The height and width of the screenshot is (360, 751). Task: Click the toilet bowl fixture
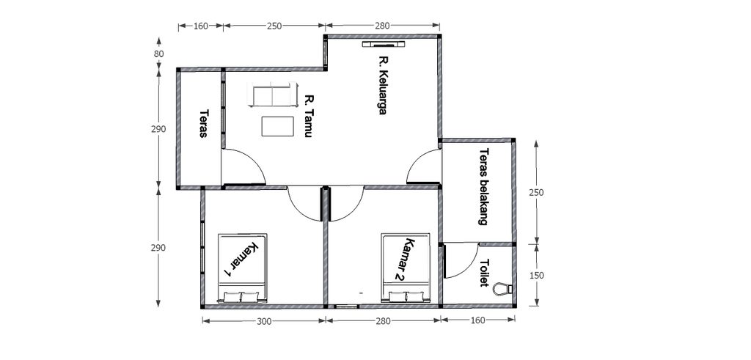(502, 288)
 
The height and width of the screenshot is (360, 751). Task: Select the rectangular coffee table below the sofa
(276, 125)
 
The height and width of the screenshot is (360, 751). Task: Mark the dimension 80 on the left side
(158, 54)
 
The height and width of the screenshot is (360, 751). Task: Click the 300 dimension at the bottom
(263, 320)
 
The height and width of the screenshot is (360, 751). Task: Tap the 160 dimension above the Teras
(200, 26)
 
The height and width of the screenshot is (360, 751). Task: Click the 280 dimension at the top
(381, 26)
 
